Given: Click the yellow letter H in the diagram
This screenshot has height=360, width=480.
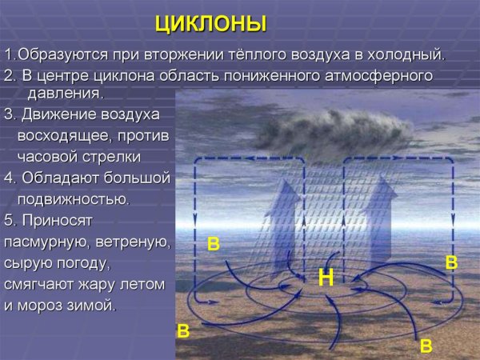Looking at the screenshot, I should (x=326, y=278).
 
